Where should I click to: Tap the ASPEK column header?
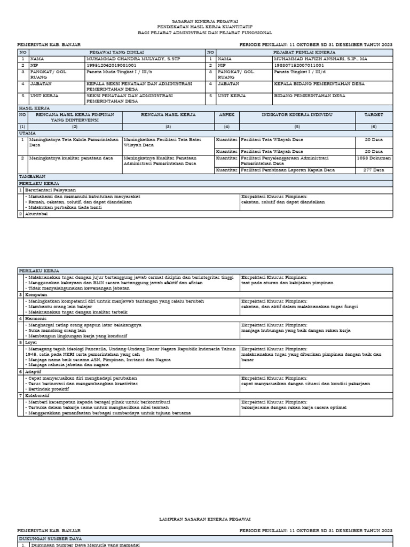226,114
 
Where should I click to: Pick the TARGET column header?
373,114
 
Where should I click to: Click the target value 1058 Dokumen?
374,158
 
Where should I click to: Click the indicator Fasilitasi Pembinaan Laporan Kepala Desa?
288,170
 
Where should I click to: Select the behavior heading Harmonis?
38,318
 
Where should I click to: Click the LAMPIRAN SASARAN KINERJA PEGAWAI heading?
204,519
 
